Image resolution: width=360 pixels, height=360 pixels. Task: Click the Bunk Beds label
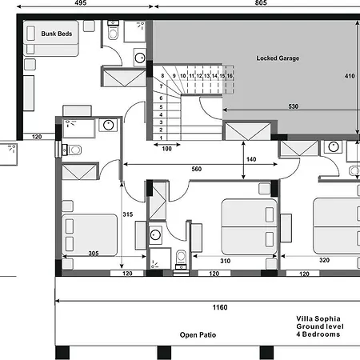[57, 34]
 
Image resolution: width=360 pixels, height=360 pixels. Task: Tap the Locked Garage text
[278, 58]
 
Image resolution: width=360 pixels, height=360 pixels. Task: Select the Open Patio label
[198, 335]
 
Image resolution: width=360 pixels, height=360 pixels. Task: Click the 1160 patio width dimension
[220, 307]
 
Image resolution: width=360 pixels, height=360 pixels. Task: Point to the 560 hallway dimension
[197, 169]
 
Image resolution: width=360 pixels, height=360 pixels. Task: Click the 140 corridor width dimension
[251, 159]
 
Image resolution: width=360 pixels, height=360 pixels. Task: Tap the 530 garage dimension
[293, 106]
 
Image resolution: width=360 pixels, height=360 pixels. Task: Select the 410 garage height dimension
[350, 76]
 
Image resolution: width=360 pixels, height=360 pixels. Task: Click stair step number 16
[230, 76]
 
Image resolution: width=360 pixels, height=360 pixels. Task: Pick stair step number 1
[161, 138]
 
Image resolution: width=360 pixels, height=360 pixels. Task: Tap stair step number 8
[162, 76]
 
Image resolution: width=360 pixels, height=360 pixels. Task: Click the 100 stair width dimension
[167, 149]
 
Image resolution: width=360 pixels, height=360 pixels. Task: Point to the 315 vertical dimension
[128, 214]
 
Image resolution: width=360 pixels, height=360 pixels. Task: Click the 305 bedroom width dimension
[94, 253]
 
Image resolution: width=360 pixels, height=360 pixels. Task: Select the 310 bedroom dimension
[226, 261]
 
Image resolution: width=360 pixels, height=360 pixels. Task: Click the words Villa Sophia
[318, 319]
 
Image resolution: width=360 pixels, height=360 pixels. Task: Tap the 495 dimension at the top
[81, 2]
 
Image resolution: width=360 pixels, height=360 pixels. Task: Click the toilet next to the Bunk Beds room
[113, 30]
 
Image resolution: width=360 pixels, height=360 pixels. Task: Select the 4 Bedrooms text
[318, 334]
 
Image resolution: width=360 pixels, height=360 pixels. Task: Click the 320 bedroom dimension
[325, 260]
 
